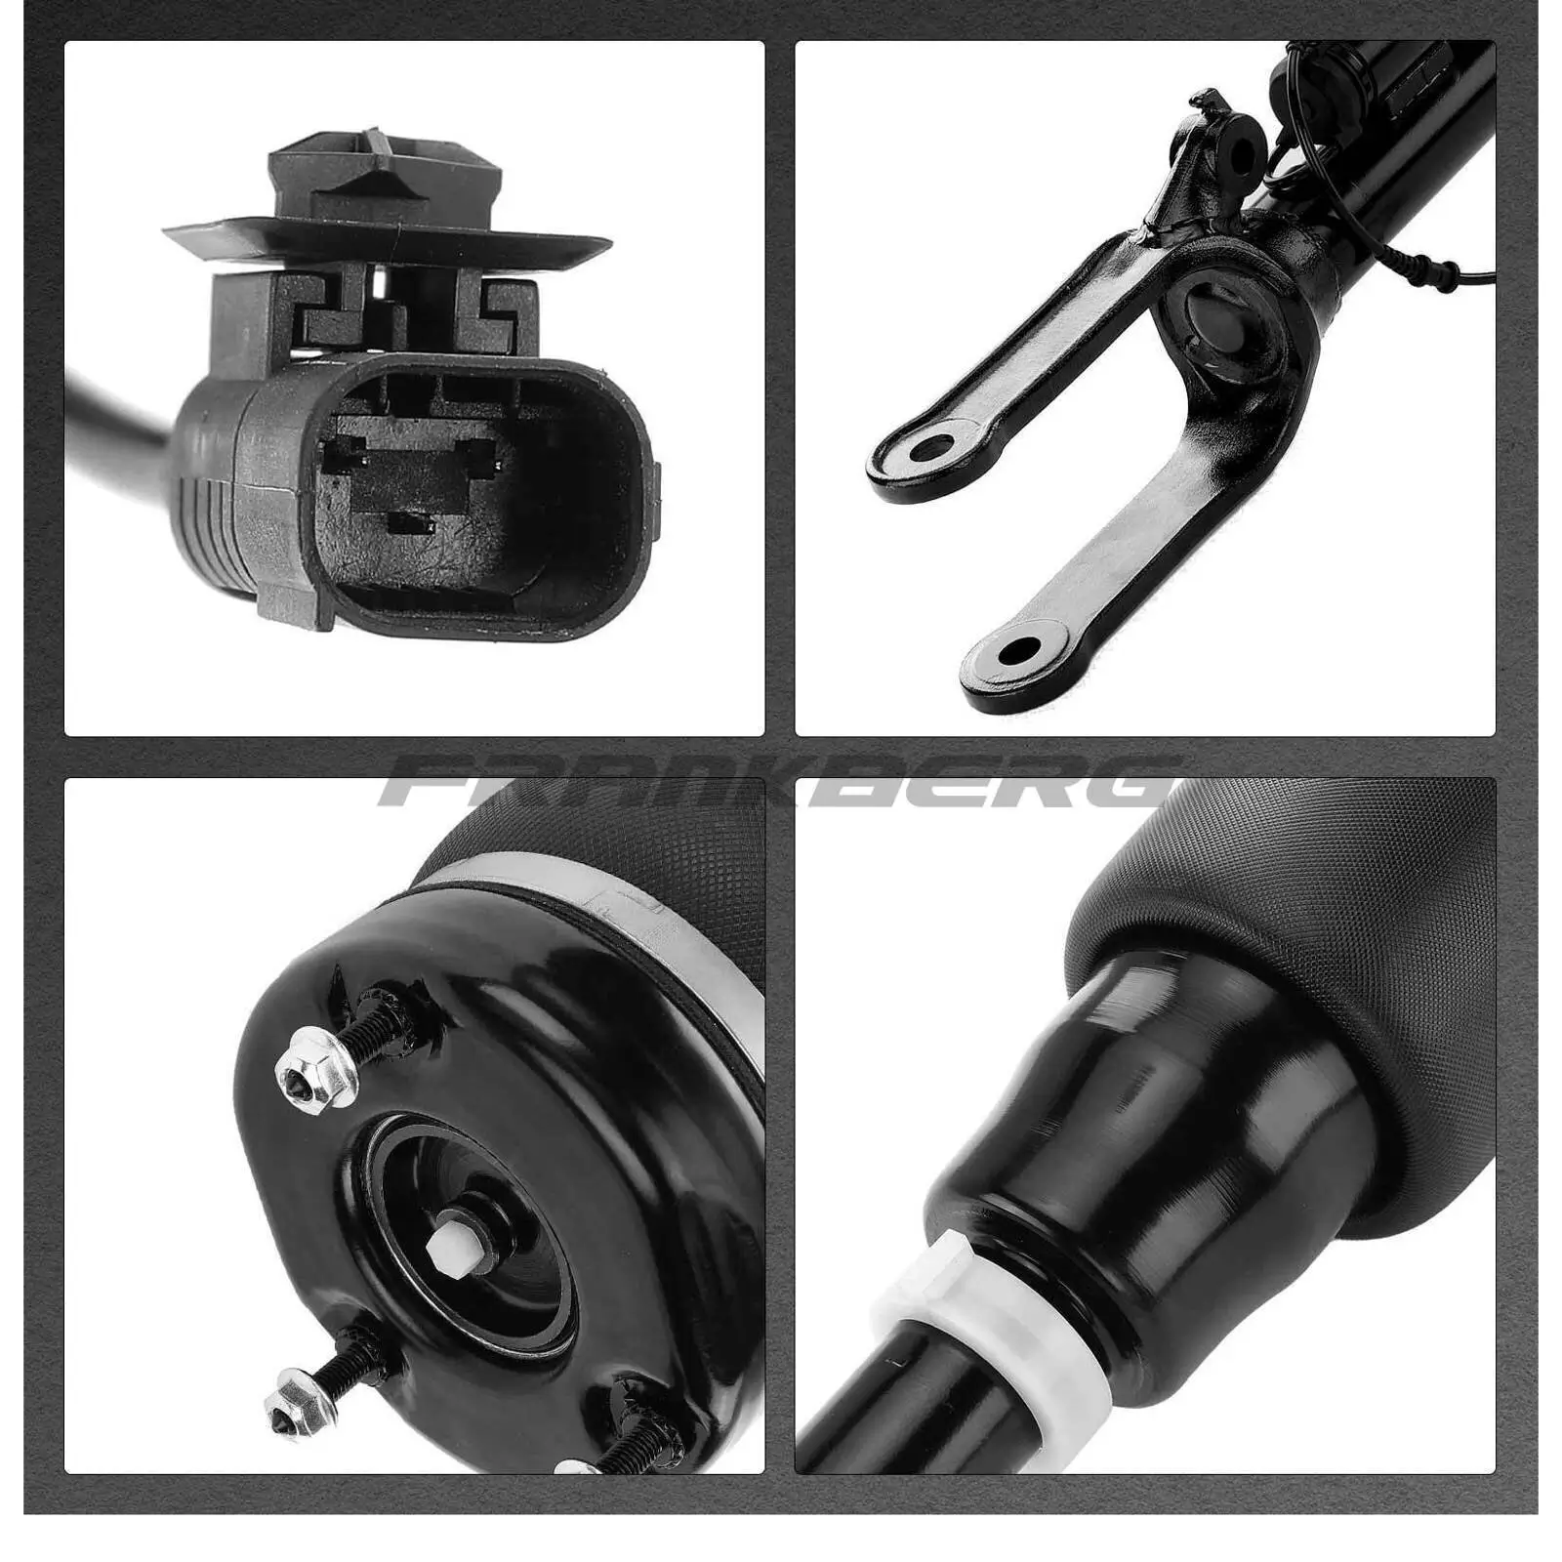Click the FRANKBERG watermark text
click(778, 781)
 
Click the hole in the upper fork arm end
click(934, 447)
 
